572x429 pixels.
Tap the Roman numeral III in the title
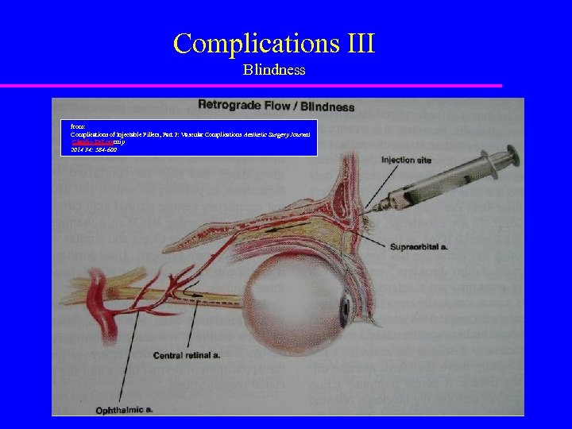point(359,43)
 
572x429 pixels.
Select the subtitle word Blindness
point(274,70)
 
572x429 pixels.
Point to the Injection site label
point(406,160)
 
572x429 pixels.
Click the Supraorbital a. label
point(419,247)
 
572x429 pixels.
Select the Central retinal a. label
point(187,355)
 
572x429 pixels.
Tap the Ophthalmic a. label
point(124,410)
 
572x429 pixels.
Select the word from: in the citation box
point(78,126)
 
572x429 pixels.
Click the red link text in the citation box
point(87,142)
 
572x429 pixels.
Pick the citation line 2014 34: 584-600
point(94,149)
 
